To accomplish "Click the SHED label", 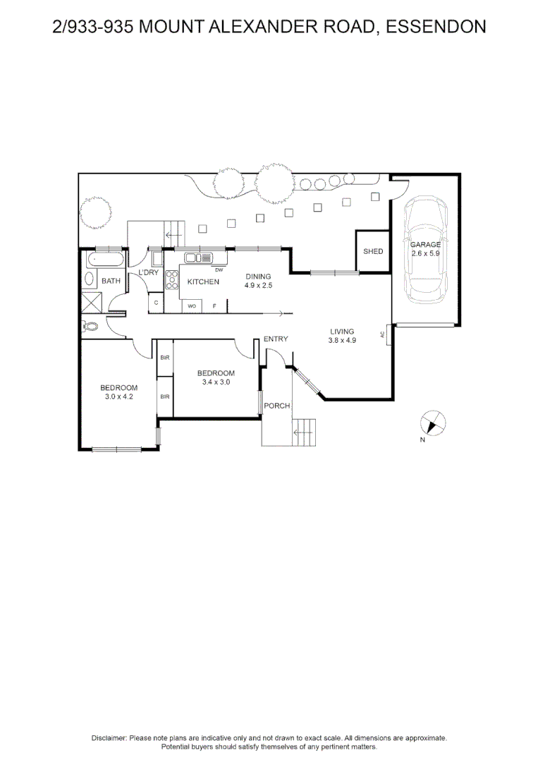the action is point(373,251).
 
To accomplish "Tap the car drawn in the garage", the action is point(426,249).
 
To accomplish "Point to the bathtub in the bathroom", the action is point(106,259).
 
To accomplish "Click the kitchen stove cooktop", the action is point(171,280).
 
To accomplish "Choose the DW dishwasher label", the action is point(219,270).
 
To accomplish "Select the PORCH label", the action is point(277,405).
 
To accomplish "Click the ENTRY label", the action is point(276,339).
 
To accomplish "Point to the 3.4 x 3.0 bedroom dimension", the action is point(216,382).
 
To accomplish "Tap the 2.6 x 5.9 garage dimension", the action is point(425,253).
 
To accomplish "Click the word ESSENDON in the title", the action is point(436,26).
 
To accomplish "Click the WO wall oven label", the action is point(192,306).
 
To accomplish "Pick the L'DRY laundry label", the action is point(149,272).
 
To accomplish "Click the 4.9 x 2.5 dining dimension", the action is point(258,285).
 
